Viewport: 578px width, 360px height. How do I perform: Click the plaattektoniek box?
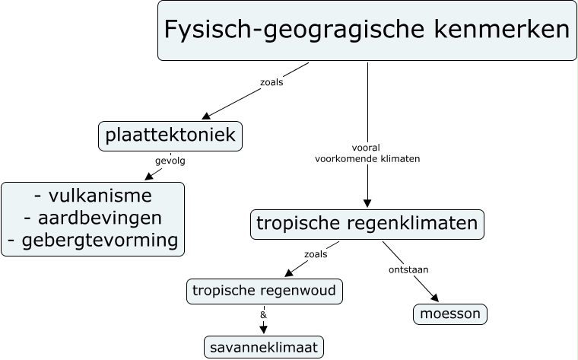coord(170,136)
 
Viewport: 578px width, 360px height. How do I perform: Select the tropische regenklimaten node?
coord(367,224)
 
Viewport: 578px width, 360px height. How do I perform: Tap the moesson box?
coord(450,314)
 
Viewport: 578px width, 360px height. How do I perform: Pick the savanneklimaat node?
coord(264,347)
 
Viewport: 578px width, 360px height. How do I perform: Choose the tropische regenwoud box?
coord(264,291)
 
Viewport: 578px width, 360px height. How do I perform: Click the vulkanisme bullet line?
coord(93,196)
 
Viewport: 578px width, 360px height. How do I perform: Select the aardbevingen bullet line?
coord(93,218)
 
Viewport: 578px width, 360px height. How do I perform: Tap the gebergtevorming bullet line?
coord(93,241)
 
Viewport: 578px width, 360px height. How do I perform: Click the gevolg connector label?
coord(170,161)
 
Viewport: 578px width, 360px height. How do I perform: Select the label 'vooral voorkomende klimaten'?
coord(367,154)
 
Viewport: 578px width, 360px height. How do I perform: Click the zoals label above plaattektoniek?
coord(272,82)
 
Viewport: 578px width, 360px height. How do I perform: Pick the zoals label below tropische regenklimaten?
coord(315,254)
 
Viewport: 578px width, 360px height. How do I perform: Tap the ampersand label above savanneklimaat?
coord(263,314)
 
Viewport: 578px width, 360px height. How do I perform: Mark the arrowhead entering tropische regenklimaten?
coord(367,203)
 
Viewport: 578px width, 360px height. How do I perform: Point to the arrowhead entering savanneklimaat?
coord(264,330)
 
